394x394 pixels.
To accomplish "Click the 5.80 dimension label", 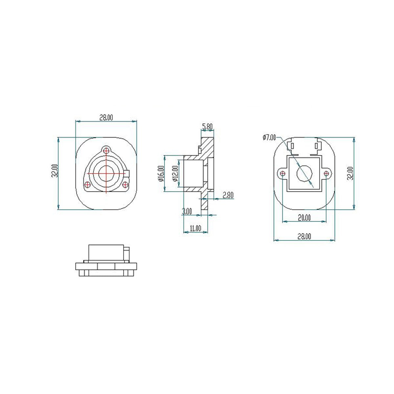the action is (x=207, y=126).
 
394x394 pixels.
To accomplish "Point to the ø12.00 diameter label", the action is (x=175, y=174).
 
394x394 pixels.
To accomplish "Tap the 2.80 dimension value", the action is (x=228, y=195).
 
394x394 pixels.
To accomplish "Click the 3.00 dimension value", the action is (x=187, y=211).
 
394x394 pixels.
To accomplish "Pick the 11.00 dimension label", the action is (x=195, y=228).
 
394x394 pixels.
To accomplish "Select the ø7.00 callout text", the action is (x=269, y=137).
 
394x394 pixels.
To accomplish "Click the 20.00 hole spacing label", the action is (x=304, y=218).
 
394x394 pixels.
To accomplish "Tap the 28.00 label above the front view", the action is (x=106, y=118).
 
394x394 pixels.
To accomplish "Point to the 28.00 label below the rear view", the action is (x=304, y=236).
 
